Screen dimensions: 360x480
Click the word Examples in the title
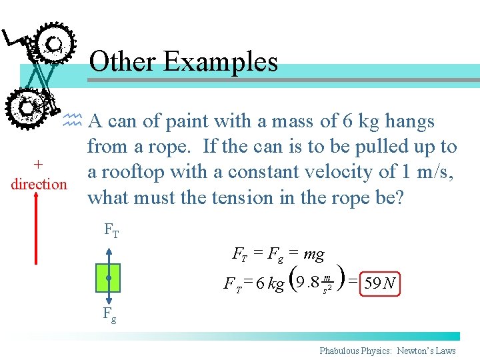220,62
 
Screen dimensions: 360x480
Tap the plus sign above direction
39,164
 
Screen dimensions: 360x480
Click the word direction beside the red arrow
39,183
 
